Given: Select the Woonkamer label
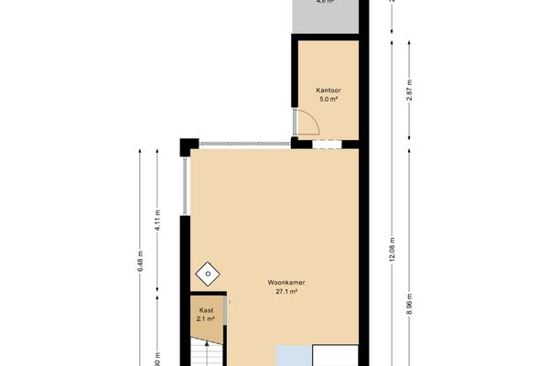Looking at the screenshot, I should [x=286, y=282].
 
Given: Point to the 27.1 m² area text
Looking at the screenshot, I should [x=286, y=291].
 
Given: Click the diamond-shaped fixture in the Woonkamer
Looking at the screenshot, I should [x=210, y=272].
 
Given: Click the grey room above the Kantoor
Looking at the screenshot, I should [x=324, y=14].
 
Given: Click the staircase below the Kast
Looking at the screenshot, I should [x=206, y=352].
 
